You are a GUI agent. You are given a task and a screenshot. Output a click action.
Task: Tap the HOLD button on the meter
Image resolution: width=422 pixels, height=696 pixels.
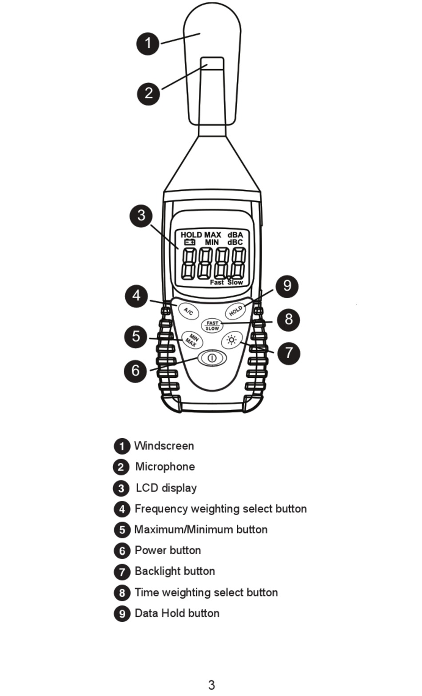235,310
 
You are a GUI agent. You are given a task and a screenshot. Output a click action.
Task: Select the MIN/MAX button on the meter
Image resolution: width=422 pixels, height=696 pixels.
192,340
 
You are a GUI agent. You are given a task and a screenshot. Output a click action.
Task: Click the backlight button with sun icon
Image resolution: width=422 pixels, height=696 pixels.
231,340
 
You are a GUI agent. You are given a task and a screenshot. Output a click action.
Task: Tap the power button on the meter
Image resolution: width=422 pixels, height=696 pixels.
212,357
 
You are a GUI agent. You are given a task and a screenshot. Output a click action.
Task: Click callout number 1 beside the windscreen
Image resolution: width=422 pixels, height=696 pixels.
148,44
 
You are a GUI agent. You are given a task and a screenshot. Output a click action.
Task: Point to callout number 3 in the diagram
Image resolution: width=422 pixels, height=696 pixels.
141,216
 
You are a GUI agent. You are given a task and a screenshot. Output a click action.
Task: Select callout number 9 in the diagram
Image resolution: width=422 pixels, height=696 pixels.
287,286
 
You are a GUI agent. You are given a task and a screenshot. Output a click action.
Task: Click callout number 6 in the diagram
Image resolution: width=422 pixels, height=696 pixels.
135,370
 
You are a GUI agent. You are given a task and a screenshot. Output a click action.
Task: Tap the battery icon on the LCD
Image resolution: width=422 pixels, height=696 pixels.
190,242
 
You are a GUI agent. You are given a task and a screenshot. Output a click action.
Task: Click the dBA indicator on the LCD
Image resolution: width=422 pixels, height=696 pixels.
235,235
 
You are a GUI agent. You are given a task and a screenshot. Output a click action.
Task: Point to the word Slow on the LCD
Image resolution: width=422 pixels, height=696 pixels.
235,282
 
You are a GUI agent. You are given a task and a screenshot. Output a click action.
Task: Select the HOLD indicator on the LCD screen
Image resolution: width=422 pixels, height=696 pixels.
191,235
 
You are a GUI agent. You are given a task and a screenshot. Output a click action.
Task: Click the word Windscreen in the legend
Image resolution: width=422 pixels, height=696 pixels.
164,446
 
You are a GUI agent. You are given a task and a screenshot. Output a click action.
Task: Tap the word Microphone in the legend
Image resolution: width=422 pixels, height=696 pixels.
165,467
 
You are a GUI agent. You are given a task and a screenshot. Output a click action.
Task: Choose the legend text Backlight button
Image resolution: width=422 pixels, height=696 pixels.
175,571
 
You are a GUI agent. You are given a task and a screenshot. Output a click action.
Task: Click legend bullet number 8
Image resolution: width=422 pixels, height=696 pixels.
122,592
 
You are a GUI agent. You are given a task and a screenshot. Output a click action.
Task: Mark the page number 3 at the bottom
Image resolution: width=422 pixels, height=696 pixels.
211,684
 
